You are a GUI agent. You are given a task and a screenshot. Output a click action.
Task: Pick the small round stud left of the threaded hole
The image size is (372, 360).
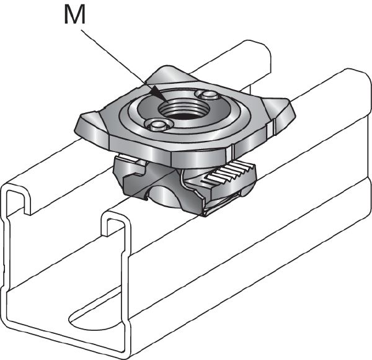[157, 126]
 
